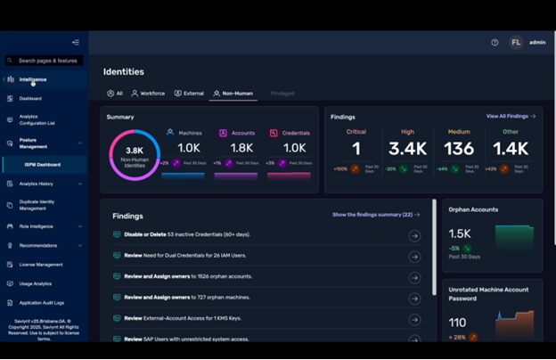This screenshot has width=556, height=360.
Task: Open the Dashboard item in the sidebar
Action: point(30,99)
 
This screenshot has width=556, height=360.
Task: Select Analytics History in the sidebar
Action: point(37,184)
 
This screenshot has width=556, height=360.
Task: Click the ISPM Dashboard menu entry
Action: point(43,164)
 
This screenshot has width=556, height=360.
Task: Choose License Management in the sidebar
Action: point(41,265)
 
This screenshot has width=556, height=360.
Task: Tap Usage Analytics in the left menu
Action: point(36,283)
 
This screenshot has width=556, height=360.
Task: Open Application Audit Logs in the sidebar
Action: point(42,303)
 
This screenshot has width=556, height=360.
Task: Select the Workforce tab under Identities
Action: point(148,94)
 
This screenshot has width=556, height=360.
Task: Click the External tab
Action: point(189,94)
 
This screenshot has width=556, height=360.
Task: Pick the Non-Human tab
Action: point(233,94)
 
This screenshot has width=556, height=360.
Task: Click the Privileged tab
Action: point(282,94)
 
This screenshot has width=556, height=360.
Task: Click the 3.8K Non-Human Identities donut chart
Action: point(135,155)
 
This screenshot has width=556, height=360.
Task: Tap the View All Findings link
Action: point(511,117)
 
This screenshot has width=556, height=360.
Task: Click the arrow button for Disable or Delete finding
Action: point(414,235)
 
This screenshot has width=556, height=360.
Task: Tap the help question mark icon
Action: point(495,42)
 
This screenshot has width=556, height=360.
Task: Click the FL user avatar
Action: point(516,42)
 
